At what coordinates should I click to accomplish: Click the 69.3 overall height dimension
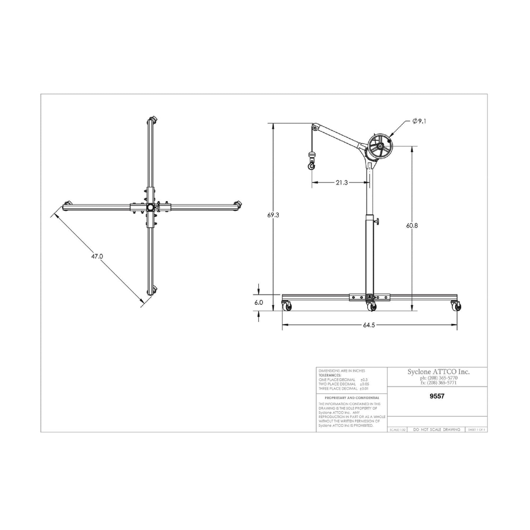click(x=273, y=215)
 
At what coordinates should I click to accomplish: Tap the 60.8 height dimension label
click(x=412, y=226)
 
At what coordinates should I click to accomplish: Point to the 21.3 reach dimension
click(x=341, y=182)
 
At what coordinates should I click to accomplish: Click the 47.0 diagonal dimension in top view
click(x=97, y=256)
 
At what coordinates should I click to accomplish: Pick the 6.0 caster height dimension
click(x=259, y=303)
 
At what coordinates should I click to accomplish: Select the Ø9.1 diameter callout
click(x=419, y=121)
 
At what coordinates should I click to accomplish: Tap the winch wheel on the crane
click(x=381, y=146)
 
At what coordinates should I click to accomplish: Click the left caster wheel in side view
click(x=286, y=306)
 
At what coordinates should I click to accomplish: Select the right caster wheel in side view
click(x=456, y=306)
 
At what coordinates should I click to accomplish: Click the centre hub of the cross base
click(x=150, y=208)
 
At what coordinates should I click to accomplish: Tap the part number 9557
click(x=436, y=396)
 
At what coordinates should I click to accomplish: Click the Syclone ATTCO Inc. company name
click(x=438, y=372)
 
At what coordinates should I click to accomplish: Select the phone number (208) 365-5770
click(x=438, y=378)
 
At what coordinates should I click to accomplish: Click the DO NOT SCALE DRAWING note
click(x=436, y=430)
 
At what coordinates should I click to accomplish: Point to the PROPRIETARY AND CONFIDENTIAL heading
click(x=352, y=398)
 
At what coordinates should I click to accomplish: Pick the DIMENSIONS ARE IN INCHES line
click(x=342, y=371)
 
